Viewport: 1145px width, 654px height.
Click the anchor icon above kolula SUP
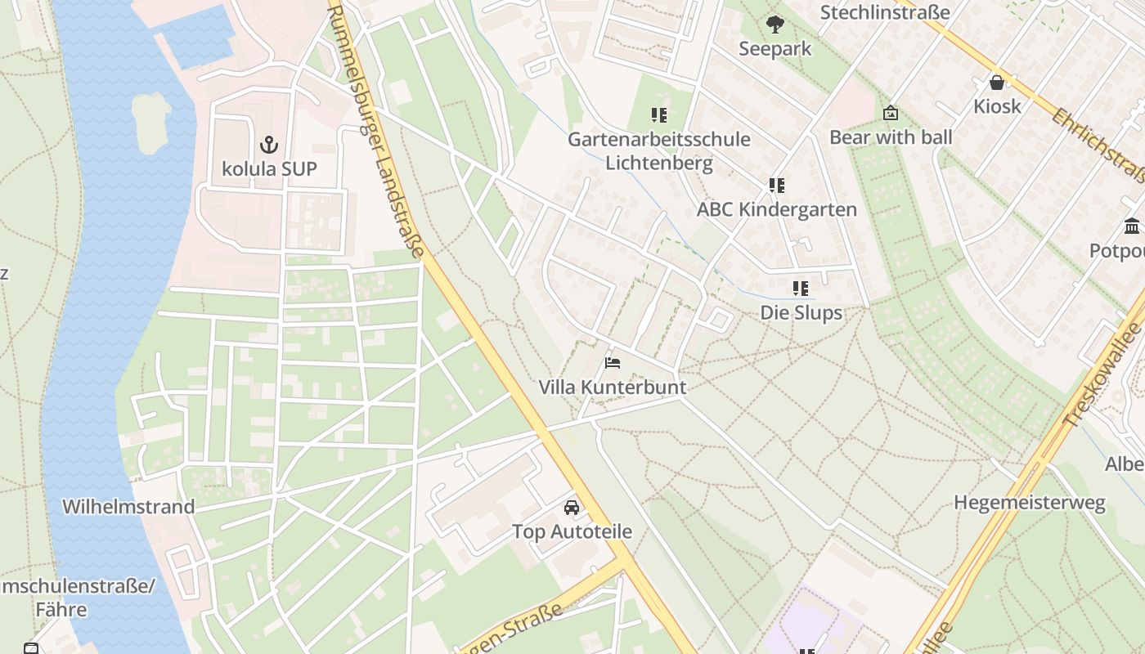[269, 146]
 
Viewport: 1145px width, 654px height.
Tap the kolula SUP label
[269, 169]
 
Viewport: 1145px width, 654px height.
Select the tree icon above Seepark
[775, 25]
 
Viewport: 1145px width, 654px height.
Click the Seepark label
[775, 48]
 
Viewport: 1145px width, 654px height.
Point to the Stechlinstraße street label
[885, 12]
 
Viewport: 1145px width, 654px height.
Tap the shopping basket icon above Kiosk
[997, 83]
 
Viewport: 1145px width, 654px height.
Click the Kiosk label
[997, 106]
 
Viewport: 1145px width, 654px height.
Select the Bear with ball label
[891, 137]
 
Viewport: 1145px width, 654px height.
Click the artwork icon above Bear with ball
[891, 114]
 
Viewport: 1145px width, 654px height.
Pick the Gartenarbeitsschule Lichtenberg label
[659, 150]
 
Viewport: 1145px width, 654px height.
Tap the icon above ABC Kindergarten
[776, 186]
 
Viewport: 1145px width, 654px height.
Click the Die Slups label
[801, 312]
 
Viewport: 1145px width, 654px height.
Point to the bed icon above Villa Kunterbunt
[613, 362]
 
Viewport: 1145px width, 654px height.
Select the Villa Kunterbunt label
[613, 387]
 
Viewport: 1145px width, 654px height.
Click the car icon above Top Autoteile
[572, 508]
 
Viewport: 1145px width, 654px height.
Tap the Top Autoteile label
[572, 531]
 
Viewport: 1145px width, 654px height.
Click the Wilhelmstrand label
[128, 506]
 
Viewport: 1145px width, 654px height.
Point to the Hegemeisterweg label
[1030, 502]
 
